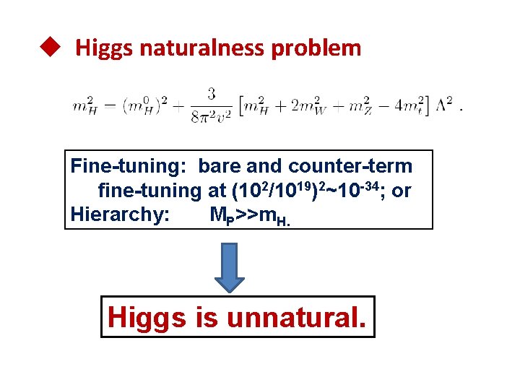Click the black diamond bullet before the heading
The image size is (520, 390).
(48, 48)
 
